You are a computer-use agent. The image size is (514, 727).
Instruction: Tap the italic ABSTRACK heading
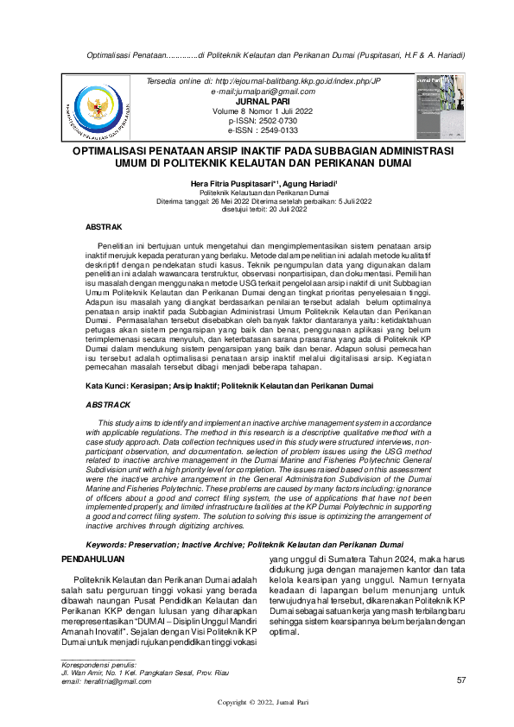(x=108, y=404)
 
